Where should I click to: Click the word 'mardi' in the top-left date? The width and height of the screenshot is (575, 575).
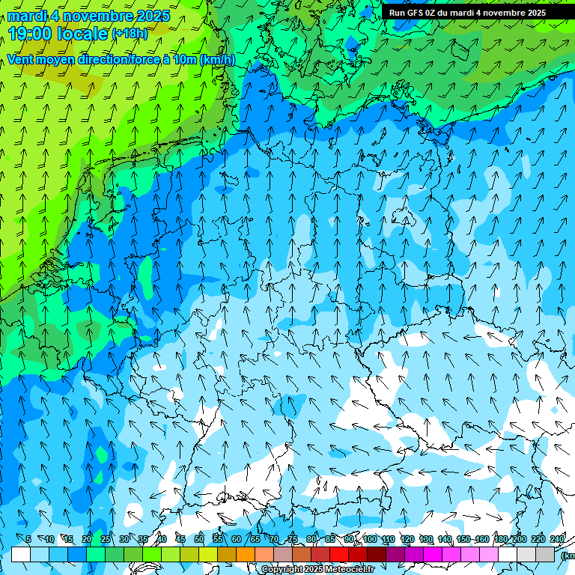[x=27, y=16]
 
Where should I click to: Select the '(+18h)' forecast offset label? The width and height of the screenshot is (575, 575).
[x=130, y=34]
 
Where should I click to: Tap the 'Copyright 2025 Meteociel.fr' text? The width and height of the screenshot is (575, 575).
[x=317, y=570]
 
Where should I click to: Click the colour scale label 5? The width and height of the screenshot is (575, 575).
[x=28, y=539]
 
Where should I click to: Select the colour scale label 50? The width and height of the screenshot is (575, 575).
[x=199, y=539]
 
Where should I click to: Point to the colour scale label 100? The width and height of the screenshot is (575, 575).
[x=370, y=539]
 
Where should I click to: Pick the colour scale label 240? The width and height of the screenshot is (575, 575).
[x=557, y=539]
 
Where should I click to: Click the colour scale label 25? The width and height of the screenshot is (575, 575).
[x=106, y=539]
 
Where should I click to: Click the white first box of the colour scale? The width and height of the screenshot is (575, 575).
[x=21, y=554]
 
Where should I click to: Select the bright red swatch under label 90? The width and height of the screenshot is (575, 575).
[x=339, y=554]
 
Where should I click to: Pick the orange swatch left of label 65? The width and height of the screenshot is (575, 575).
[x=246, y=554]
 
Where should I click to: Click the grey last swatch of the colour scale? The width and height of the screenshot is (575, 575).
[x=545, y=554]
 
